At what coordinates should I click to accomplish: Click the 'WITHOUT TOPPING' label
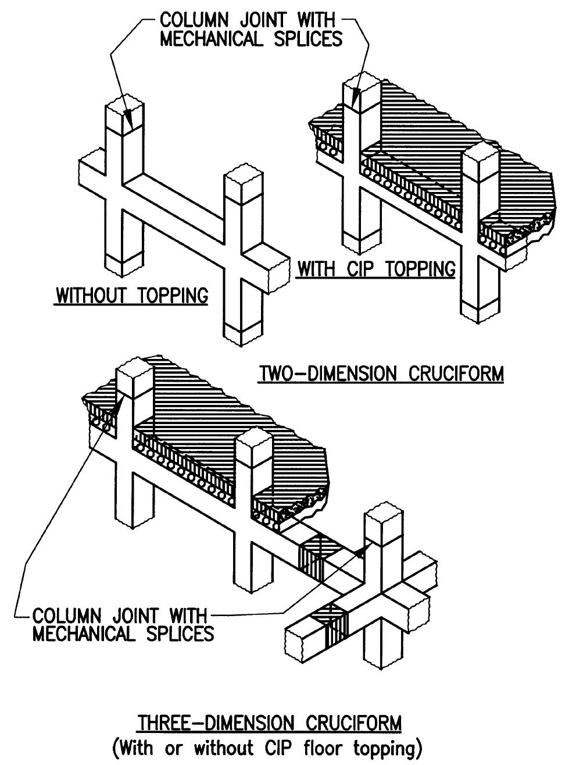132,296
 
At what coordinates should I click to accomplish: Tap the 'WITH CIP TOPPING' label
376,269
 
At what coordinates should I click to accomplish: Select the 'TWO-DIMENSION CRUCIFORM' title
381,373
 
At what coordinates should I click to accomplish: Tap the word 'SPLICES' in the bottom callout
180,633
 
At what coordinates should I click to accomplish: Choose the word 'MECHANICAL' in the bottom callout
84,633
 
